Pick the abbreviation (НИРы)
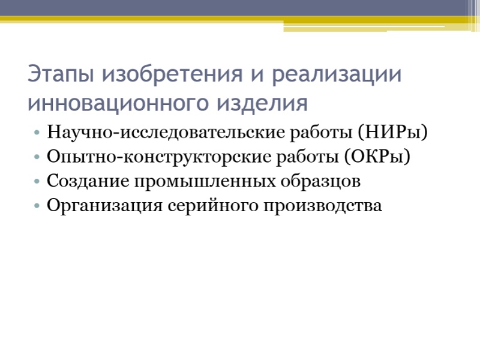pyautogui.click(x=392, y=133)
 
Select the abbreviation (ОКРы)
pyautogui.click(x=377, y=157)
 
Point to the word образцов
pyautogui.click(x=320, y=181)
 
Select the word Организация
pyautogui.click(x=104, y=206)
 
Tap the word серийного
pyautogui.click(x=213, y=206)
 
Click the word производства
pyautogui.click(x=323, y=206)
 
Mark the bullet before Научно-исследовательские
pyautogui.click(x=37, y=133)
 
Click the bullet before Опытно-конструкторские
pyautogui.click(x=37, y=157)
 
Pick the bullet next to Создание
pyautogui.click(x=37, y=181)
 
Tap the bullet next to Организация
pyautogui.click(x=37, y=205)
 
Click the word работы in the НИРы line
pyautogui.click(x=321, y=133)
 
